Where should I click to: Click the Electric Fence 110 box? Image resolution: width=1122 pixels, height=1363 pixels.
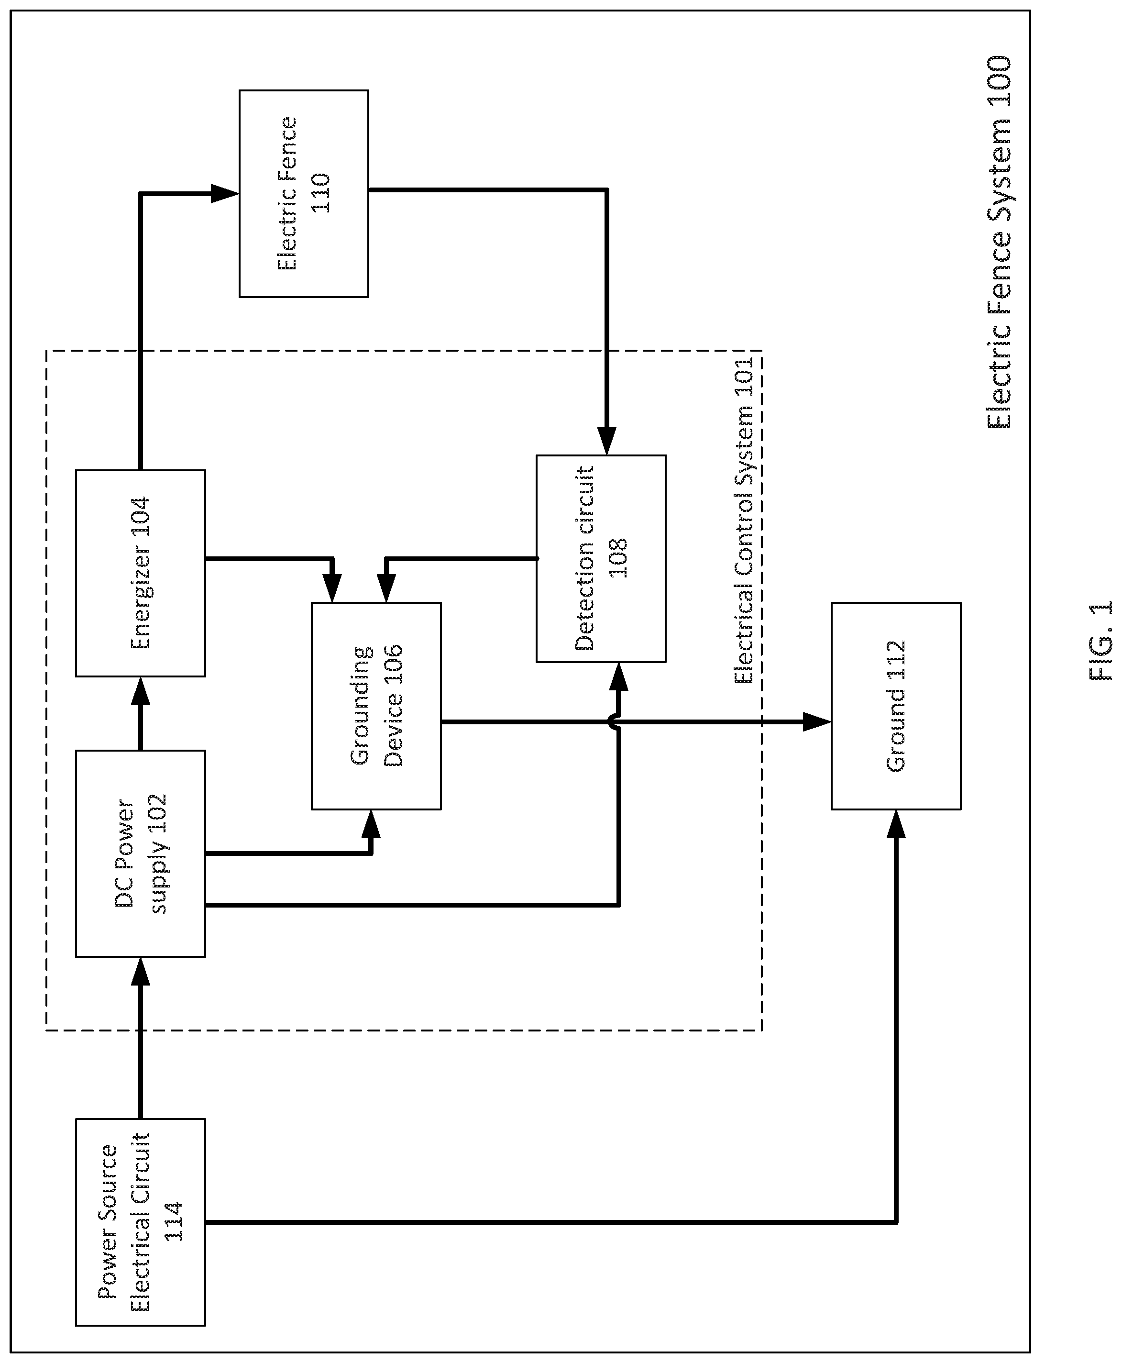(304, 193)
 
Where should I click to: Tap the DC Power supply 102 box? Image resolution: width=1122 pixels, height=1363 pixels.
(140, 853)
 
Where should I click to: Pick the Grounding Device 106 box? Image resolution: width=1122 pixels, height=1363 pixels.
(376, 706)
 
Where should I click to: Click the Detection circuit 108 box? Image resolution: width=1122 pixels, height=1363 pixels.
(601, 559)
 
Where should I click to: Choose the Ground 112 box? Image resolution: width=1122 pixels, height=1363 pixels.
(896, 706)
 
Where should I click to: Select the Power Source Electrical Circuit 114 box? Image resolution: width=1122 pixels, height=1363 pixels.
(140, 1222)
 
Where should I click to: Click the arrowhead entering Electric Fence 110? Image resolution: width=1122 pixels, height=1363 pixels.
(225, 193)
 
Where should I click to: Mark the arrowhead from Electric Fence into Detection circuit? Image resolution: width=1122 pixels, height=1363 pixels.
(606, 441)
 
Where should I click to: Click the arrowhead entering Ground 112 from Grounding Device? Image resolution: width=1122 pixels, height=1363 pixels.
(817, 721)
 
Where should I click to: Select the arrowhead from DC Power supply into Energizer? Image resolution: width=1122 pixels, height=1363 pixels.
(140, 691)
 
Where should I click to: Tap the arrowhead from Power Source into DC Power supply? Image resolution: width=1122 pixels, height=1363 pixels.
(140, 971)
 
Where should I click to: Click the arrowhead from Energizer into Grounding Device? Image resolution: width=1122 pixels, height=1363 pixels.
(332, 589)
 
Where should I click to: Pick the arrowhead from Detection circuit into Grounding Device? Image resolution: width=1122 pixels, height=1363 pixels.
(386, 589)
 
